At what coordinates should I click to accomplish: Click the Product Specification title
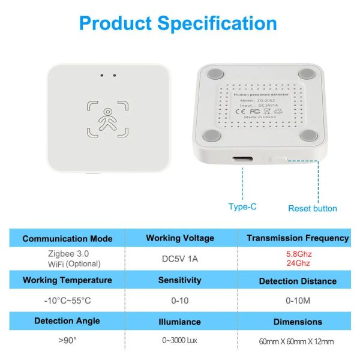click(178, 24)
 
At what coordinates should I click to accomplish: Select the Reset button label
click(312, 208)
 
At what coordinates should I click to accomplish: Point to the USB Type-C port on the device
click(242, 161)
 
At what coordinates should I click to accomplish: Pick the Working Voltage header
click(179, 238)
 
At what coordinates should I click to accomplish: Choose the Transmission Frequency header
click(298, 238)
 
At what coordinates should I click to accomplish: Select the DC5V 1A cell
click(179, 259)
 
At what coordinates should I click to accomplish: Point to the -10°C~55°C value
click(67, 300)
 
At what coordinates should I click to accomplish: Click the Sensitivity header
click(179, 280)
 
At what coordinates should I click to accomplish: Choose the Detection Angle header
click(67, 321)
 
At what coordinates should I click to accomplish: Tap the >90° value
click(67, 341)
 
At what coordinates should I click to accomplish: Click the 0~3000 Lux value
click(179, 341)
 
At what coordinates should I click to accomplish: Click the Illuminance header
click(179, 322)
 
